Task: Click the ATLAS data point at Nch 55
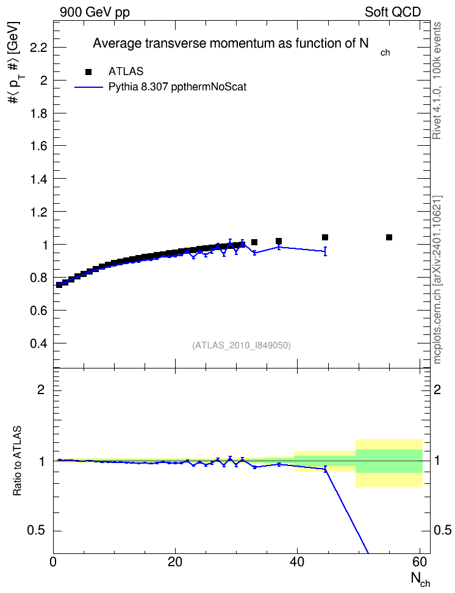click(389, 237)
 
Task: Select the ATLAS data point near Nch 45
click(325, 237)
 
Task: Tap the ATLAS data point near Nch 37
click(279, 241)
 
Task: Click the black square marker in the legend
click(88, 72)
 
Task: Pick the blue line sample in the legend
click(88, 87)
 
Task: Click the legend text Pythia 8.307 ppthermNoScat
click(177, 87)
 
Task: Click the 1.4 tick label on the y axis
click(38, 179)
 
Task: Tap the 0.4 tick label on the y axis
click(38, 343)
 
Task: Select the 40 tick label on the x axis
click(297, 562)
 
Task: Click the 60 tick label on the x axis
click(420, 562)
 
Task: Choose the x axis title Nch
click(420, 580)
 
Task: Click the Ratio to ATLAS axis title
click(17, 461)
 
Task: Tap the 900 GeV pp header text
click(95, 12)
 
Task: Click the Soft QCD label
click(393, 12)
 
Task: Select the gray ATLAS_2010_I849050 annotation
click(242, 345)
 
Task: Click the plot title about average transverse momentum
click(242, 45)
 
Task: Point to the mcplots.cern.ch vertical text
click(437, 279)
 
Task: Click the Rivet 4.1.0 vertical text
click(437, 81)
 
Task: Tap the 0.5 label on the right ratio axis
click(442, 530)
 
